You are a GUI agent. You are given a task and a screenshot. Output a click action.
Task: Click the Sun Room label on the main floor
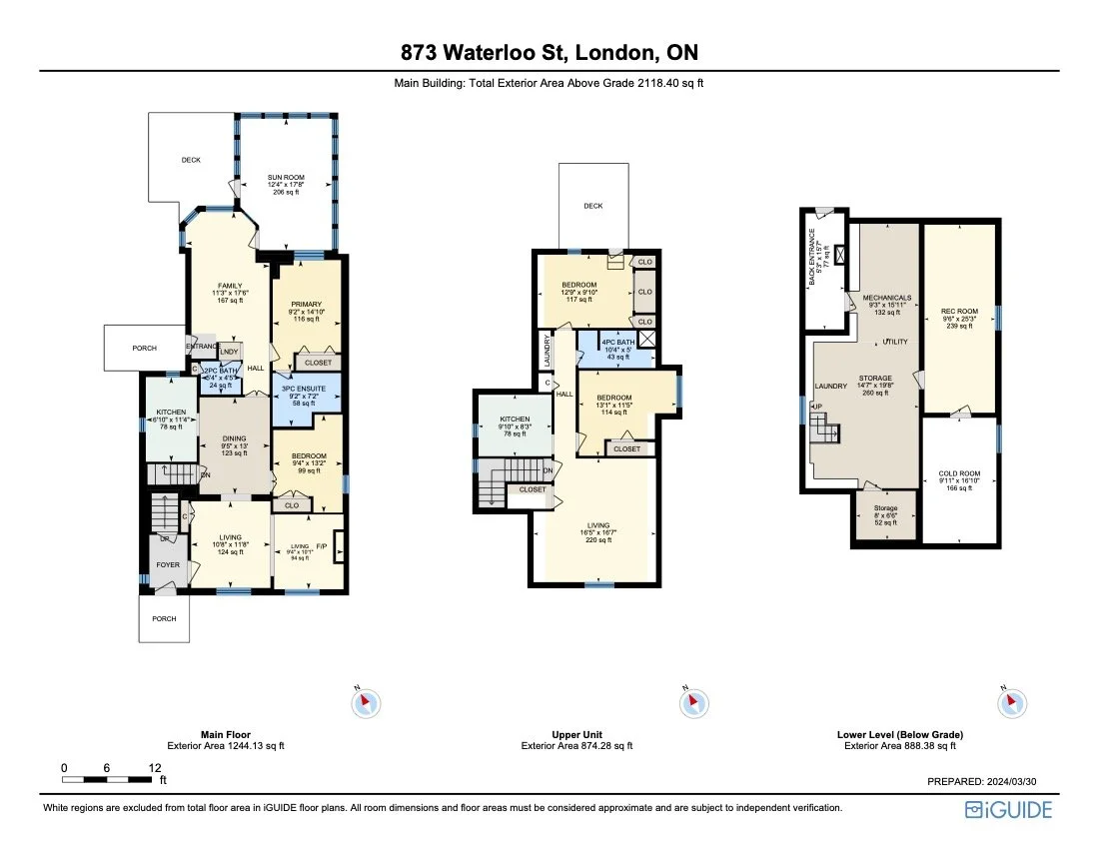click(283, 179)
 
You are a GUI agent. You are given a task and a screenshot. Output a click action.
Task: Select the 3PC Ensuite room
click(307, 391)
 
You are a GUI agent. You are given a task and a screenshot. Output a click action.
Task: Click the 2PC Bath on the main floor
click(217, 377)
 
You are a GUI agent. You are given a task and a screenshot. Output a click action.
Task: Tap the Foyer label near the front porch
click(167, 564)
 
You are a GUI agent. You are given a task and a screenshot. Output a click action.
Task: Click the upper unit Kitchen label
click(515, 425)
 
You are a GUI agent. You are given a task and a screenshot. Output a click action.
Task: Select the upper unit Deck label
click(593, 206)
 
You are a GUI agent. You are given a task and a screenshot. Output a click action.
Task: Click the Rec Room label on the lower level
click(957, 311)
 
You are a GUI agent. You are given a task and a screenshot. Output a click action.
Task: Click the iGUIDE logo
click(1008, 810)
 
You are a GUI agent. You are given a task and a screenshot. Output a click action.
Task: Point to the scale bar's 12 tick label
click(155, 767)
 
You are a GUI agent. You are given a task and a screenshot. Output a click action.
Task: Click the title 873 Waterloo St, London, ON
click(549, 53)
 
